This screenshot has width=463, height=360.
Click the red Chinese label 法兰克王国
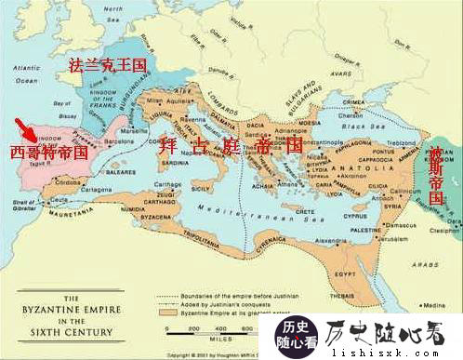[x=108, y=65]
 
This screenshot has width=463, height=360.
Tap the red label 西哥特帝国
[x=48, y=151]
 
